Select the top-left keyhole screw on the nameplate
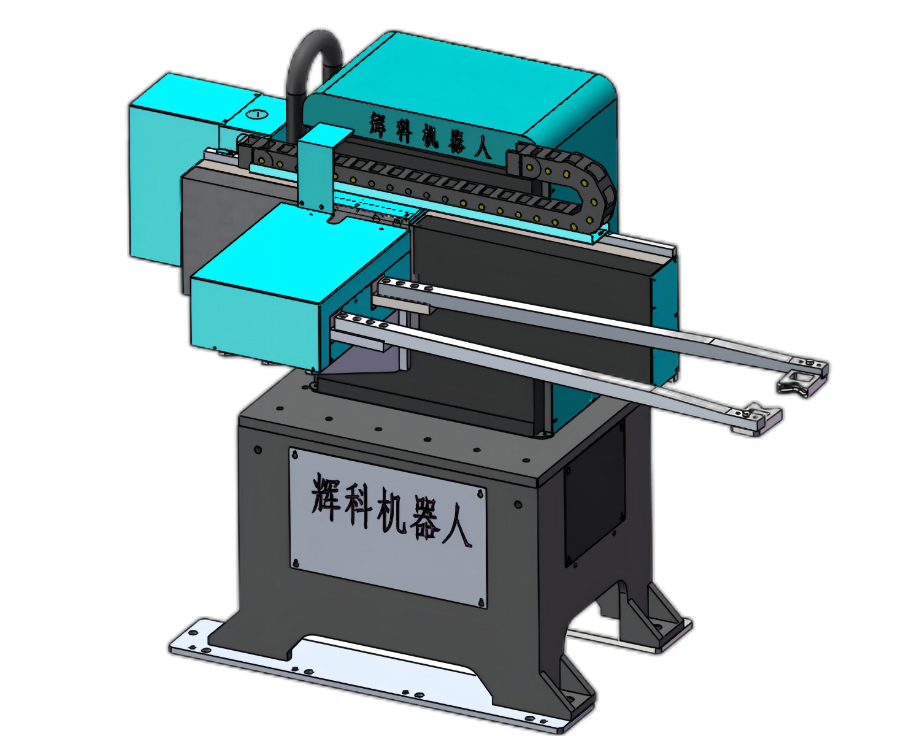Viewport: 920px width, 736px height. [296, 455]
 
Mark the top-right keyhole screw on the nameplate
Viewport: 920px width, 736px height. [480, 494]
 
